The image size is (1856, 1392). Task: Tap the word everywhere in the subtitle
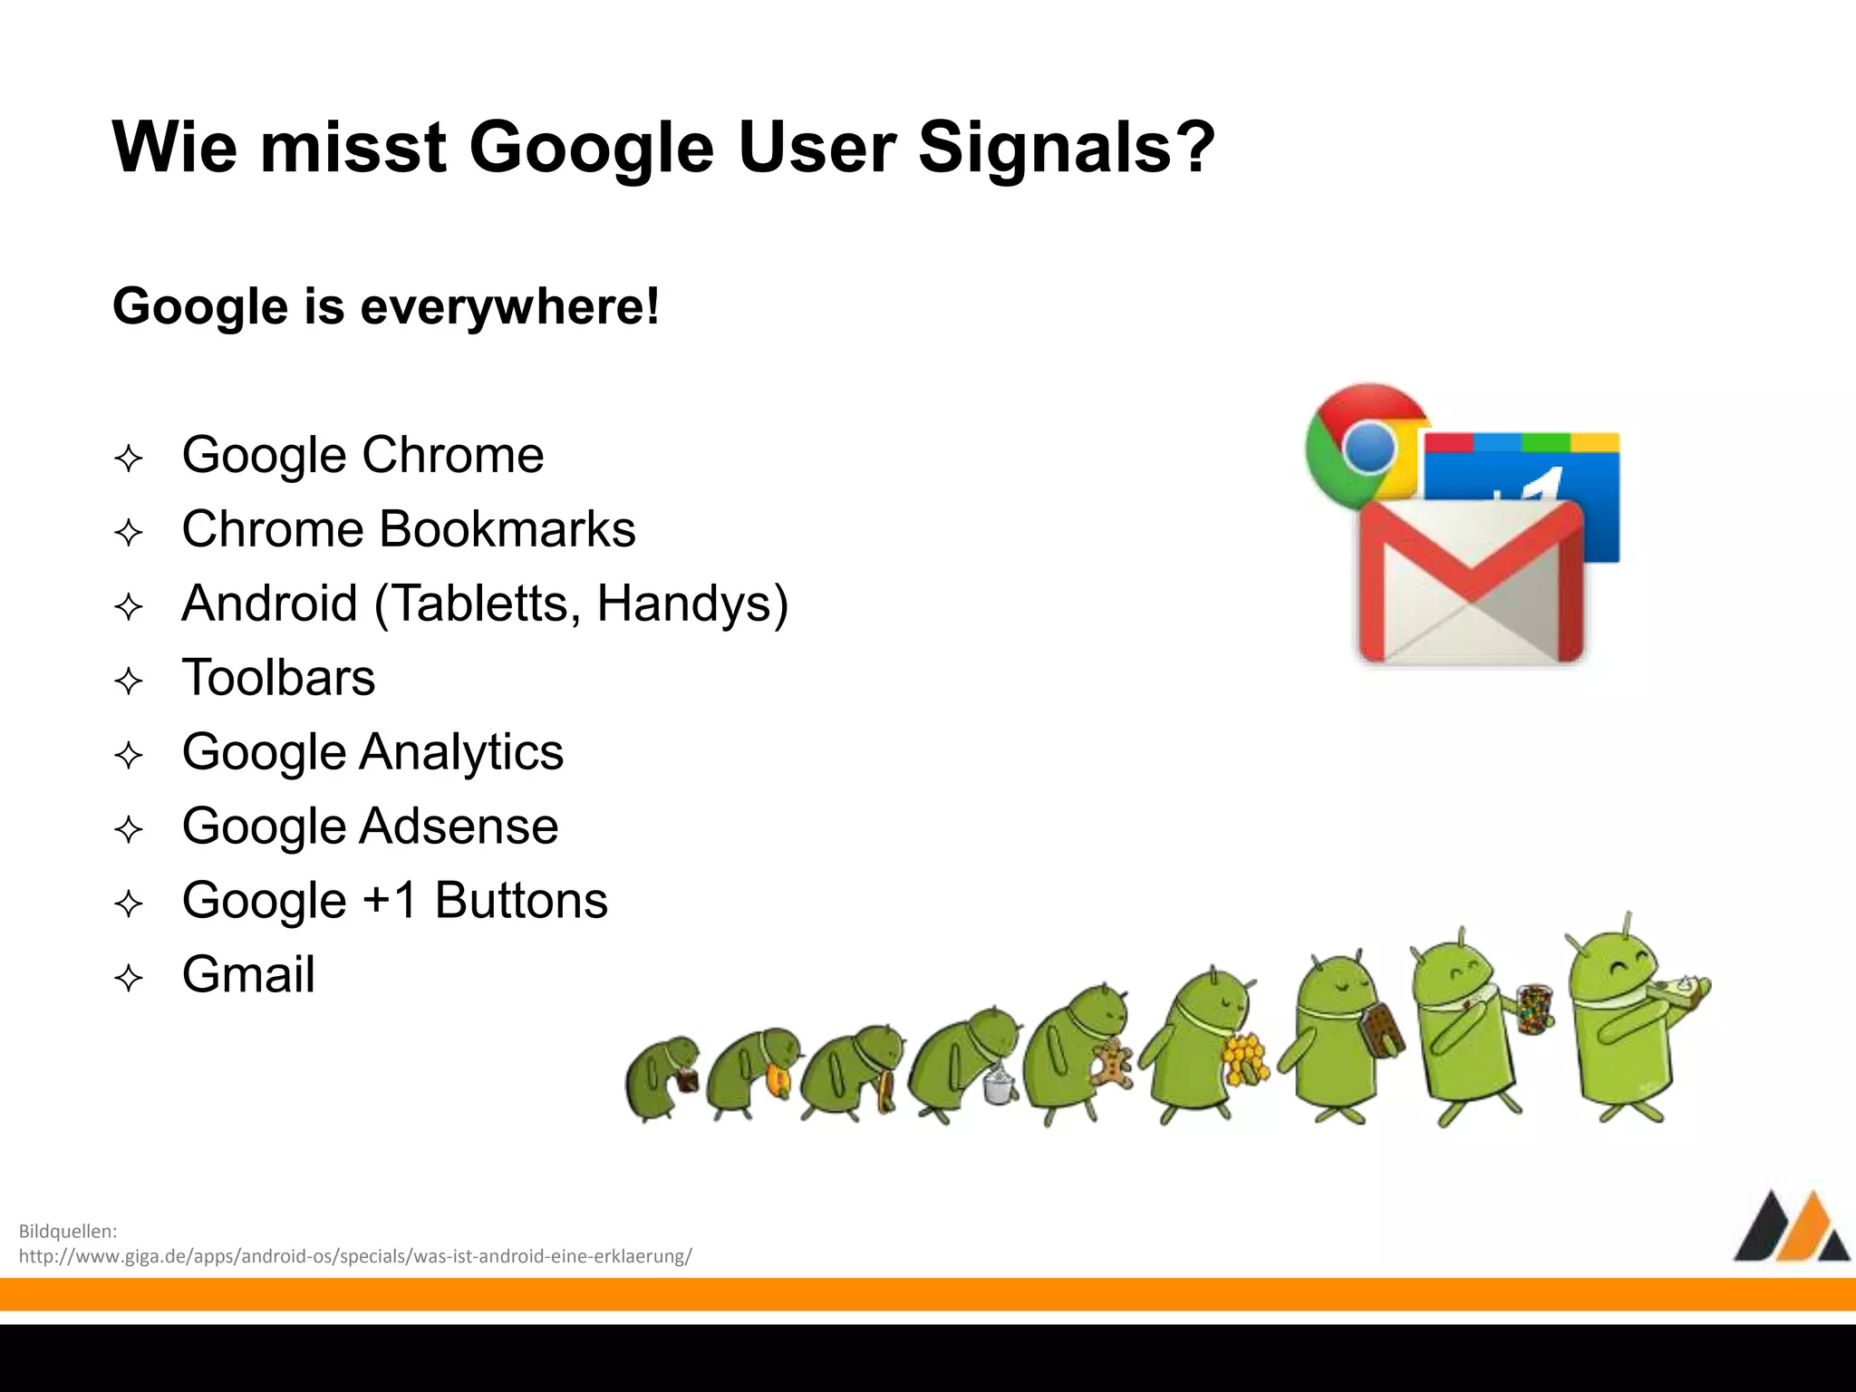point(509,306)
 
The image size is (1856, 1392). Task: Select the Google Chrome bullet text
point(362,455)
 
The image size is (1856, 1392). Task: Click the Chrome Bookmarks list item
point(409,529)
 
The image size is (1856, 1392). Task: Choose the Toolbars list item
point(278,678)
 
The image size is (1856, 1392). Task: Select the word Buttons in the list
point(521,901)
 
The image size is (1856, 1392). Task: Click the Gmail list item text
point(248,975)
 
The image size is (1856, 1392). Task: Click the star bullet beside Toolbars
point(129,681)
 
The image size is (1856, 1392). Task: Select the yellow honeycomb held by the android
point(1243,1057)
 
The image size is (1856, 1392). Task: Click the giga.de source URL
point(355,1256)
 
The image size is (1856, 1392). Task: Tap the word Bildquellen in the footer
point(68,1231)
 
